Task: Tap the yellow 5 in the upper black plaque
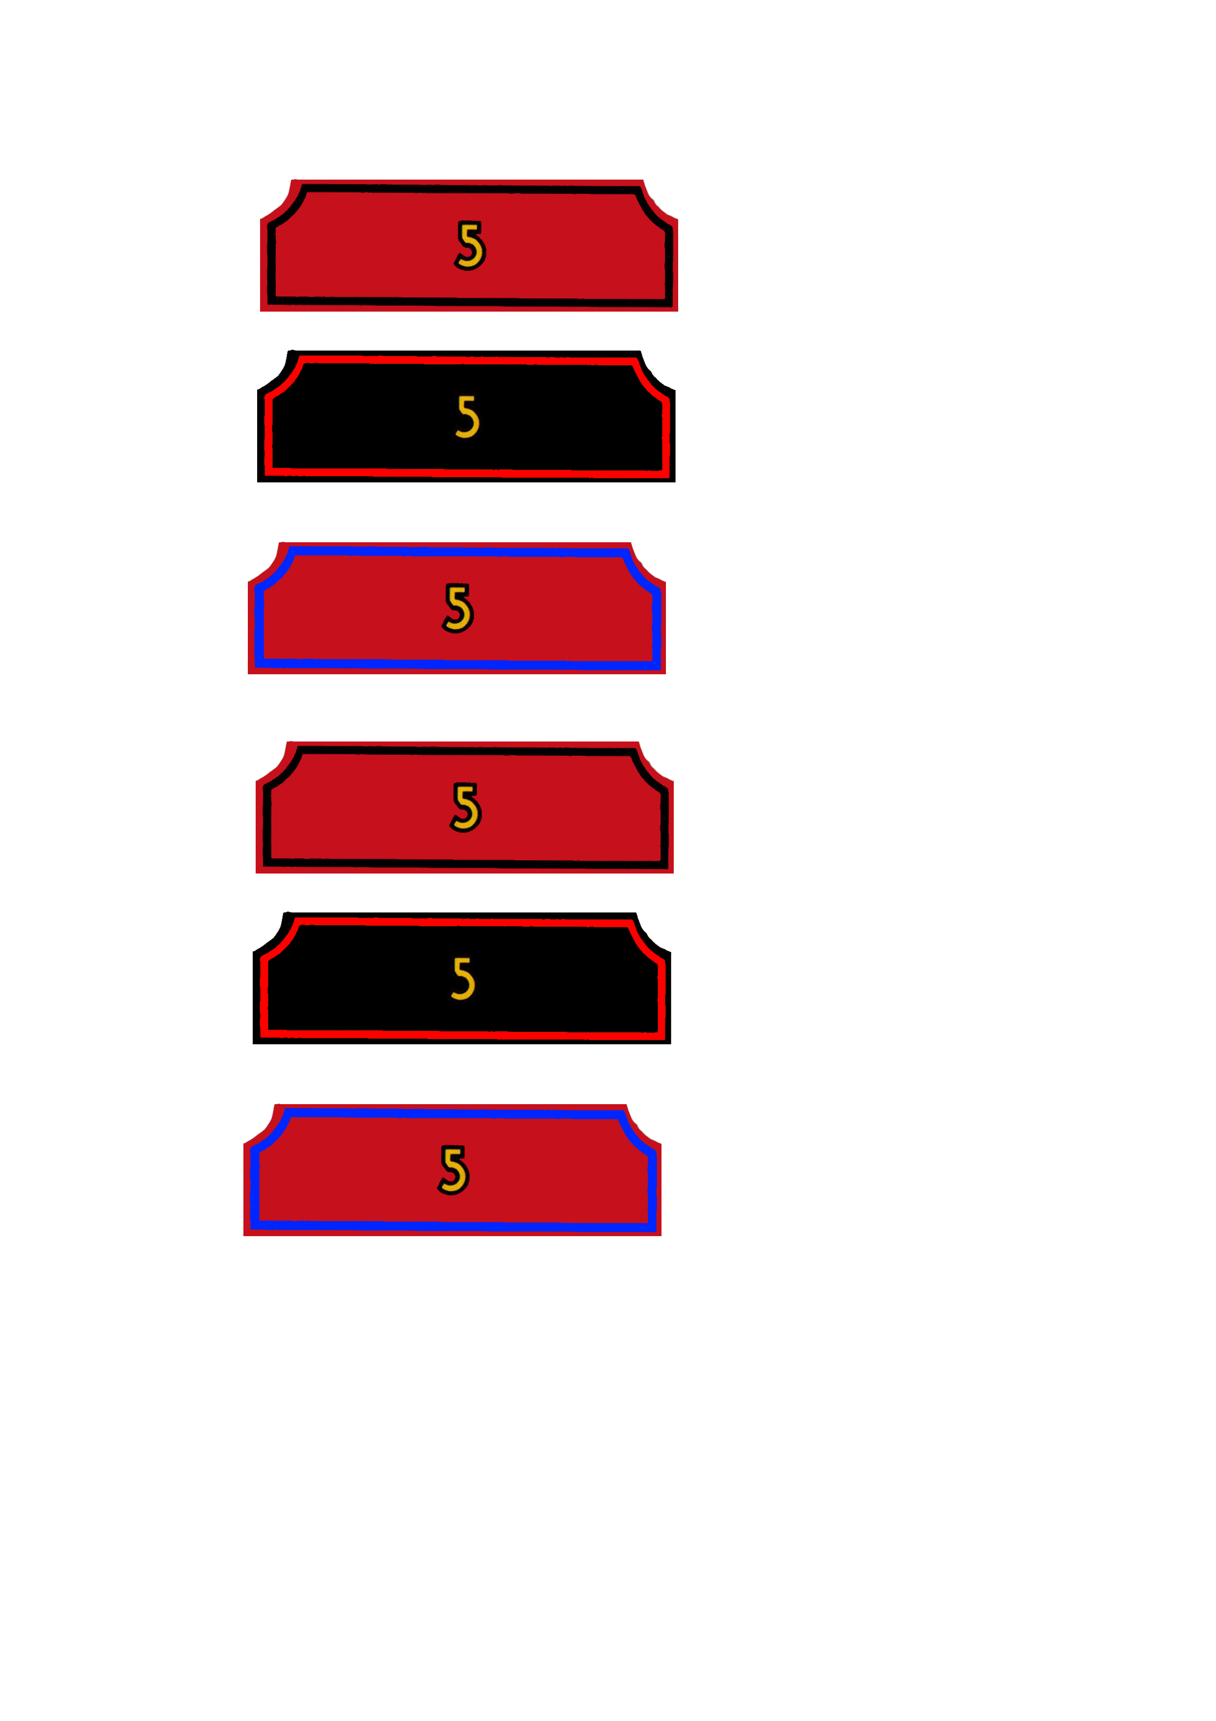click(468, 417)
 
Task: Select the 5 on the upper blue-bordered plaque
click(458, 608)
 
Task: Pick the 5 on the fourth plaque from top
click(466, 807)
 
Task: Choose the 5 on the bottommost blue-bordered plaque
click(453, 1169)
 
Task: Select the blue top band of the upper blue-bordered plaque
click(457, 552)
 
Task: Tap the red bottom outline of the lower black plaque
click(463, 1034)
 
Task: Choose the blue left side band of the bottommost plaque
click(254, 1184)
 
